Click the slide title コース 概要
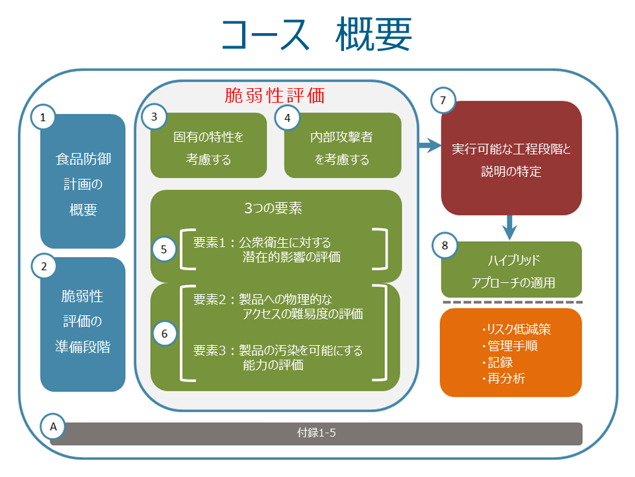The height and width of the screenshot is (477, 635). [317, 34]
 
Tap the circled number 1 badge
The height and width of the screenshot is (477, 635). [44, 118]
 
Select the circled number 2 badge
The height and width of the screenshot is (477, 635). [44, 267]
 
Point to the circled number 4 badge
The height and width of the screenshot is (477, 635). [287, 118]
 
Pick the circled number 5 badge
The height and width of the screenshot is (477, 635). [164, 249]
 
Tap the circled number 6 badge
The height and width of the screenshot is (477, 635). [164, 333]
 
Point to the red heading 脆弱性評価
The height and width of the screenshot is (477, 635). [275, 96]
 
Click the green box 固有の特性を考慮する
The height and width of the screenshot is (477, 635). [208, 148]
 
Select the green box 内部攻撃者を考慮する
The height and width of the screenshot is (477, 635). [342, 148]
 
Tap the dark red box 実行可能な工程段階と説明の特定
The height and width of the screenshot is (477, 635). [511, 159]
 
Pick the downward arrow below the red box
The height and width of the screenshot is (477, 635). [509, 227]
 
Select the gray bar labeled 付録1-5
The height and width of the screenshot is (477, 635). [316, 434]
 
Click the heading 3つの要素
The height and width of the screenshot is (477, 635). [273, 208]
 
